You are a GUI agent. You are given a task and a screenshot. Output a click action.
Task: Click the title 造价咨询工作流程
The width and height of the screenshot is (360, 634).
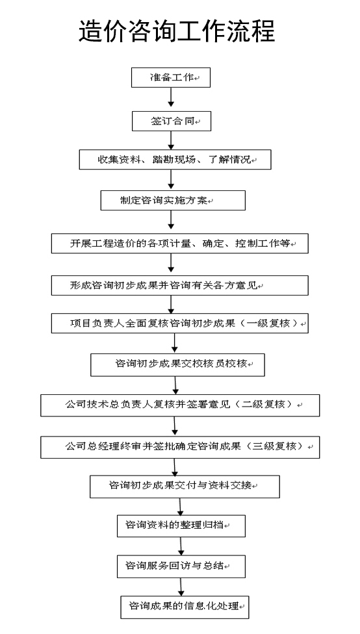click(177, 31)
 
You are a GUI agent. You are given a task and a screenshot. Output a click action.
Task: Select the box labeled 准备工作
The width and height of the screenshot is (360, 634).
click(171, 78)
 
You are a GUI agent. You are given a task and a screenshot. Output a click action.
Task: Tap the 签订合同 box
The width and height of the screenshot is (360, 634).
click(172, 121)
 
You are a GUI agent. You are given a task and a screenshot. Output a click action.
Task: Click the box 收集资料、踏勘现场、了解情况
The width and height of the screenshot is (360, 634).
click(175, 160)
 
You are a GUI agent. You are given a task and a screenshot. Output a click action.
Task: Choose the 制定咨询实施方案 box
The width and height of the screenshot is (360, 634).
click(173, 200)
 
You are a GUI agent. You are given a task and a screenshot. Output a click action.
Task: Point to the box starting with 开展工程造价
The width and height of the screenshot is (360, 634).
click(179, 244)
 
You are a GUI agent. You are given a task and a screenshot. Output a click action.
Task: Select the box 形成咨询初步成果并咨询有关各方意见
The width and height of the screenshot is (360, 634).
click(179, 285)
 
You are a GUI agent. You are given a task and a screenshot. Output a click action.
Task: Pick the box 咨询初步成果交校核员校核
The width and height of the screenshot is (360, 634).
click(177, 364)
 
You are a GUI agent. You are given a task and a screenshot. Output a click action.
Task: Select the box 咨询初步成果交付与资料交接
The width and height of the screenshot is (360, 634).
click(185, 487)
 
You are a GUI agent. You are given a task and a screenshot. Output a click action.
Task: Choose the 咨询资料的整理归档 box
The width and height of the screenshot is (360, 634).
click(181, 526)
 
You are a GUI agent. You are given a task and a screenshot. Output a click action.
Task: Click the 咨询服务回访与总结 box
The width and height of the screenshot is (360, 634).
click(181, 566)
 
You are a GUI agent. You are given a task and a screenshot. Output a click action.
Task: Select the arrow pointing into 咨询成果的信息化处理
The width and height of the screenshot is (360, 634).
click(181, 587)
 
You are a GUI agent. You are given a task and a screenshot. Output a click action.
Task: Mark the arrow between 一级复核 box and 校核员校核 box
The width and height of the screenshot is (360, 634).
click(175, 343)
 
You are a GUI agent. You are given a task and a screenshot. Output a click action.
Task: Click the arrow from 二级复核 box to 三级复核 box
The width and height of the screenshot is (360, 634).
click(175, 426)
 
